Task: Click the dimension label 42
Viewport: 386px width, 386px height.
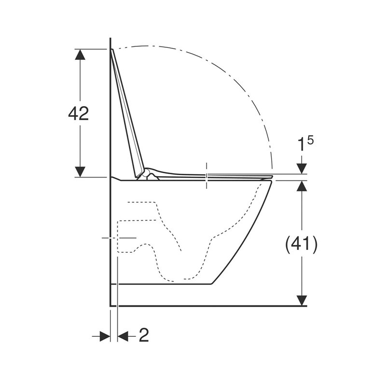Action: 78,113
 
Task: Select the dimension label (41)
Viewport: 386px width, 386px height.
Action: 301,245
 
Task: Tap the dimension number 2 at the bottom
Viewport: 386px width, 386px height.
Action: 144,335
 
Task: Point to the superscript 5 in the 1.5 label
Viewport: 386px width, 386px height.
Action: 310,141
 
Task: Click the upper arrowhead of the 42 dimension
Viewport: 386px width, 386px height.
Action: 80,55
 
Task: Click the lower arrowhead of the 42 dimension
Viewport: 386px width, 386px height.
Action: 80,172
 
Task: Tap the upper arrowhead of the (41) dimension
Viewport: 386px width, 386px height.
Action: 302,186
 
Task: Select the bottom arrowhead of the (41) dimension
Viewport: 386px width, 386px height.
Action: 302,301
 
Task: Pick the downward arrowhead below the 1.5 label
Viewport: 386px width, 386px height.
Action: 302,169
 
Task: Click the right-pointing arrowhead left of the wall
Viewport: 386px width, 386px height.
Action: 105,336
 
